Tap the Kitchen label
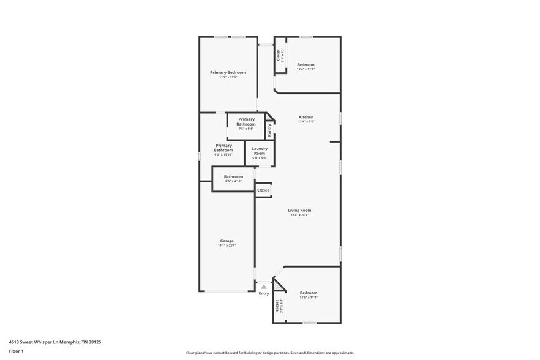click(x=306, y=117)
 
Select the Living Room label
click(x=300, y=210)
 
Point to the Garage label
click(x=227, y=241)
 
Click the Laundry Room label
click(x=260, y=151)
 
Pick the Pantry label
click(x=270, y=130)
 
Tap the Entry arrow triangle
click(x=264, y=286)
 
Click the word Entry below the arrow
click(x=264, y=294)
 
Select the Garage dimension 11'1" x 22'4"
click(x=227, y=246)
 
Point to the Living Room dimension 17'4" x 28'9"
click(x=300, y=215)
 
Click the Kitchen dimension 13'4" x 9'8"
click(x=306, y=122)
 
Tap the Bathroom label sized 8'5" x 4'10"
click(x=233, y=176)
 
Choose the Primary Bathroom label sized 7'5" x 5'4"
click(x=247, y=121)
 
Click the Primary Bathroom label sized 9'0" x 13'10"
click(x=223, y=148)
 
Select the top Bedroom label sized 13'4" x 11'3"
click(x=306, y=64)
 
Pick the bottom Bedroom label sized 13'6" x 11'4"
click(x=309, y=293)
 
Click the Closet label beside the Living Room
click(x=263, y=190)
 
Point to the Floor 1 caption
click(x=17, y=351)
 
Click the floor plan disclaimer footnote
click(x=269, y=353)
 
